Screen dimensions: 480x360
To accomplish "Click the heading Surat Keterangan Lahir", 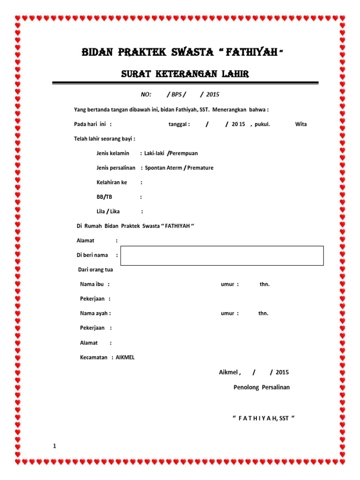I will (185, 74).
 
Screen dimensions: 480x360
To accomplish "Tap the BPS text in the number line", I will (176, 94).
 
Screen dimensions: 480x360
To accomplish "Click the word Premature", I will (200, 168).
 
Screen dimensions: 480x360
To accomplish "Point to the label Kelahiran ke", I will (112, 182).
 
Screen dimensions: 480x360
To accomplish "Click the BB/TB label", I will (104, 197).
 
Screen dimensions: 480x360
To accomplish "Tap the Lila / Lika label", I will (108, 211).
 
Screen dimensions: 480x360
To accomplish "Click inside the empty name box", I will (222, 255).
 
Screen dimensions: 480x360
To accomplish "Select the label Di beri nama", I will (92, 255).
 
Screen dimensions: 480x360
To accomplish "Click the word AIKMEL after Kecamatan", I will (125, 357).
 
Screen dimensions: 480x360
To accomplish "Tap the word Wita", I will (301, 124).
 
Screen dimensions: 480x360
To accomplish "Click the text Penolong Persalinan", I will (262, 387).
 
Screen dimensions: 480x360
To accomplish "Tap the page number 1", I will (55, 446).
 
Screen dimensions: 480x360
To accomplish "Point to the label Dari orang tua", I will (95, 270).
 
